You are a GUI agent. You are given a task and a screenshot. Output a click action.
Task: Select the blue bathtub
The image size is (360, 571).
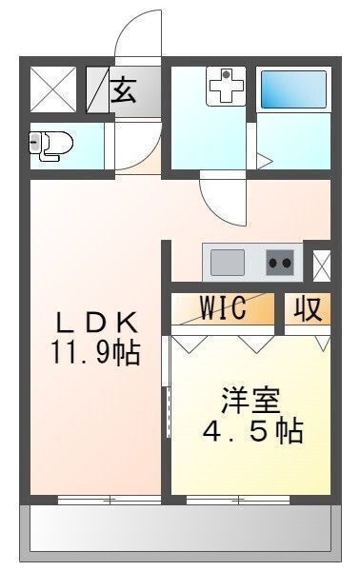[x=294, y=90]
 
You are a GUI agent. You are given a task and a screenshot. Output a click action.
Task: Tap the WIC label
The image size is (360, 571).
[x=223, y=308]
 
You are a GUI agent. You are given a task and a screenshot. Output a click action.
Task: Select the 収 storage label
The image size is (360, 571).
[x=306, y=309]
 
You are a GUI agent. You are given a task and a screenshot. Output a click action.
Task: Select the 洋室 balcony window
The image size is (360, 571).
[x=238, y=499]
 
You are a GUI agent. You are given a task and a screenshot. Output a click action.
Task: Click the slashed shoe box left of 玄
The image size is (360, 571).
[x=97, y=91]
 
